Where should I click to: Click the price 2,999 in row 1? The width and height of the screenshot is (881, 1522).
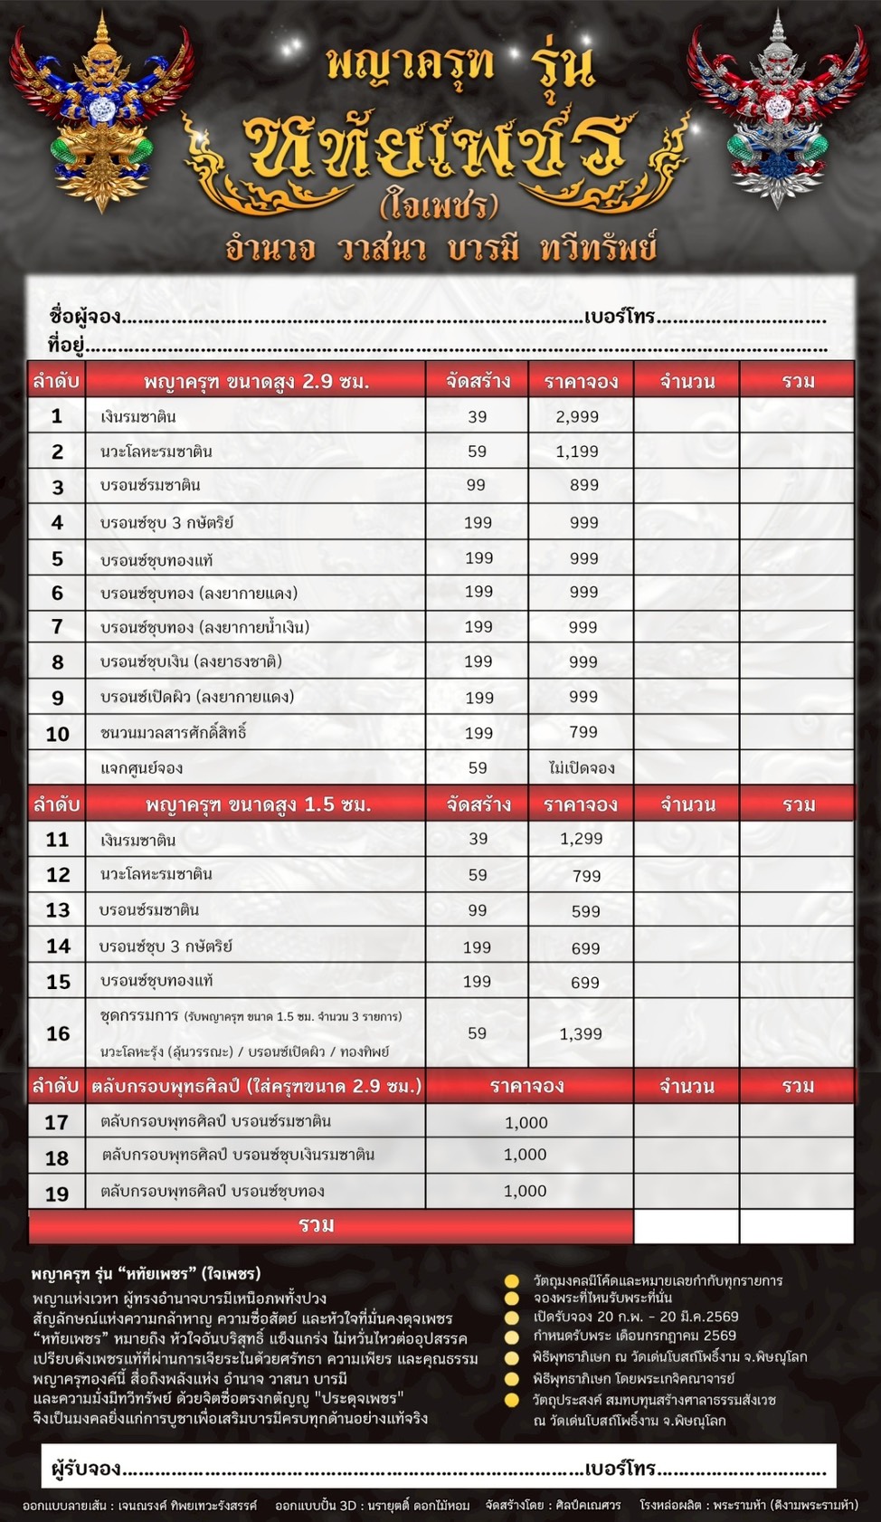[577, 416]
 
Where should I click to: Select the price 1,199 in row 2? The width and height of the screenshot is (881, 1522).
[577, 451]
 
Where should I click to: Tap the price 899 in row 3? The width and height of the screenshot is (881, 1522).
[584, 485]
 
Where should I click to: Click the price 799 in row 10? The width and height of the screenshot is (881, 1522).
[583, 732]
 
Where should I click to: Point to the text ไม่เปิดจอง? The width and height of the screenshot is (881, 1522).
[582, 768]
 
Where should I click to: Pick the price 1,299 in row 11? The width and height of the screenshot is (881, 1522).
[581, 839]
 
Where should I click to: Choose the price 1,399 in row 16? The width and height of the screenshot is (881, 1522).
[581, 1033]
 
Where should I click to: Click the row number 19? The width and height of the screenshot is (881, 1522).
[57, 1194]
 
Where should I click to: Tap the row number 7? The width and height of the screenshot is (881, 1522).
[57, 627]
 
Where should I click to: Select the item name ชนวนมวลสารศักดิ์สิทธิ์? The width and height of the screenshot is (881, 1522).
[174, 732]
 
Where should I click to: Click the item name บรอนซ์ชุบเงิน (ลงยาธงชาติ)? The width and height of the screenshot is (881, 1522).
[191, 661]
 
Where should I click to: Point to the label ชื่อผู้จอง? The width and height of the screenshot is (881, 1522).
[85, 317]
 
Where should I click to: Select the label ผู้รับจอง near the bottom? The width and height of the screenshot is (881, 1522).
[86, 1468]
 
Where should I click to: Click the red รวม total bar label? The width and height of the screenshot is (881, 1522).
[317, 1225]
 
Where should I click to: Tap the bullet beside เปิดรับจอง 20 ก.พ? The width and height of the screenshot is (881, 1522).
[512, 1317]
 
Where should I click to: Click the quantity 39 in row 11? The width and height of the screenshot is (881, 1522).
[478, 839]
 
